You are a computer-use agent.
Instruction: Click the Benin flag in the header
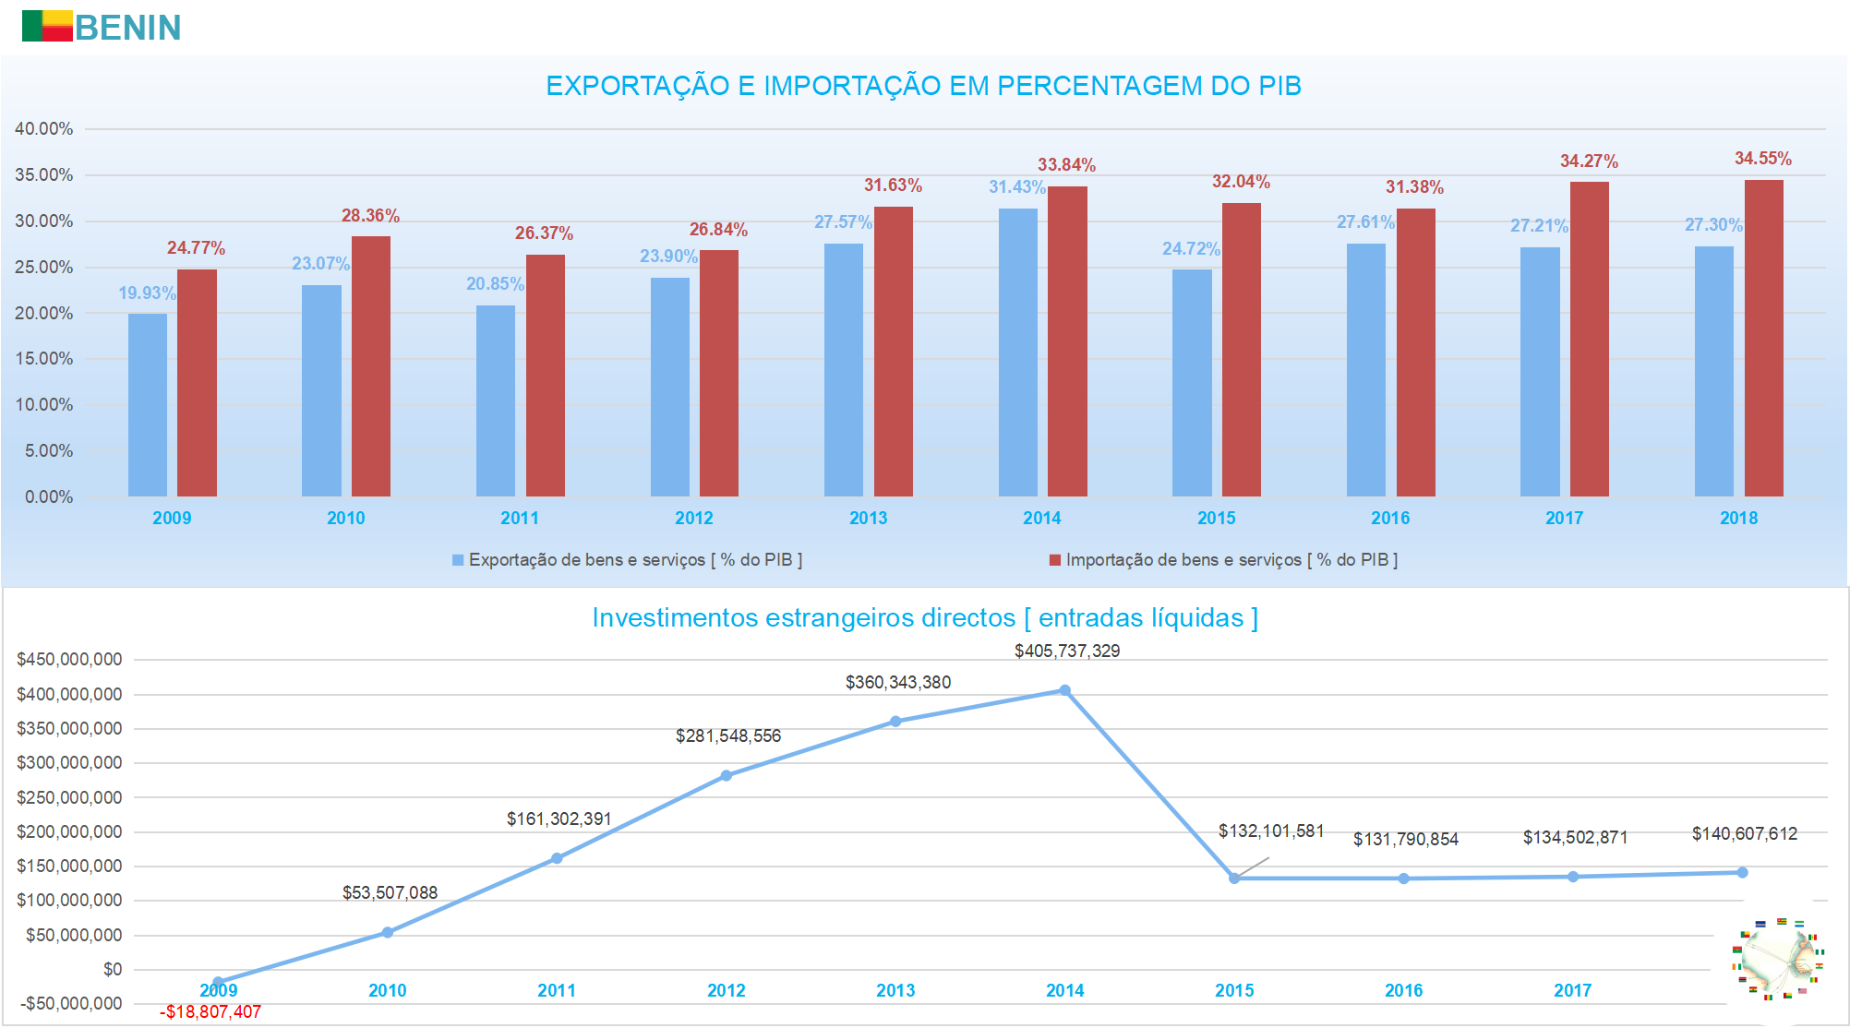point(47,26)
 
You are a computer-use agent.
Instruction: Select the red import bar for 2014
point(1067,341)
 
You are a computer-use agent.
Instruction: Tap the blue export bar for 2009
point(148,405)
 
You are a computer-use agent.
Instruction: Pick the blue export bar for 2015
point(1192,383)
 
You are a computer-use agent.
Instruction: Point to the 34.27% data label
point(1589,161)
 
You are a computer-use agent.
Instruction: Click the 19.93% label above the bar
point(147,293)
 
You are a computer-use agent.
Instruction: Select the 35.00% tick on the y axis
point(43,175)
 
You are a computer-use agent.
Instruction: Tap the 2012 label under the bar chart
point(694,519)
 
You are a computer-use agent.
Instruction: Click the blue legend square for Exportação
point(458,560)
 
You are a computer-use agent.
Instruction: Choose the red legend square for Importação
point(1055,560)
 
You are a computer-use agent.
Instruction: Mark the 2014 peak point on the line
point(1064,690)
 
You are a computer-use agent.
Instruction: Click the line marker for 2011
point(557,858)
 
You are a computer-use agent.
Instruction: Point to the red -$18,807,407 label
point(210,1012)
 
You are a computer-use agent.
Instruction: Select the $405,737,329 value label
point(1067,651)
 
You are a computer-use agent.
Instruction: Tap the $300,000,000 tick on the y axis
point(69,763)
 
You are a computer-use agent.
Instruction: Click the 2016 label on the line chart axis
point(1403,991)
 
